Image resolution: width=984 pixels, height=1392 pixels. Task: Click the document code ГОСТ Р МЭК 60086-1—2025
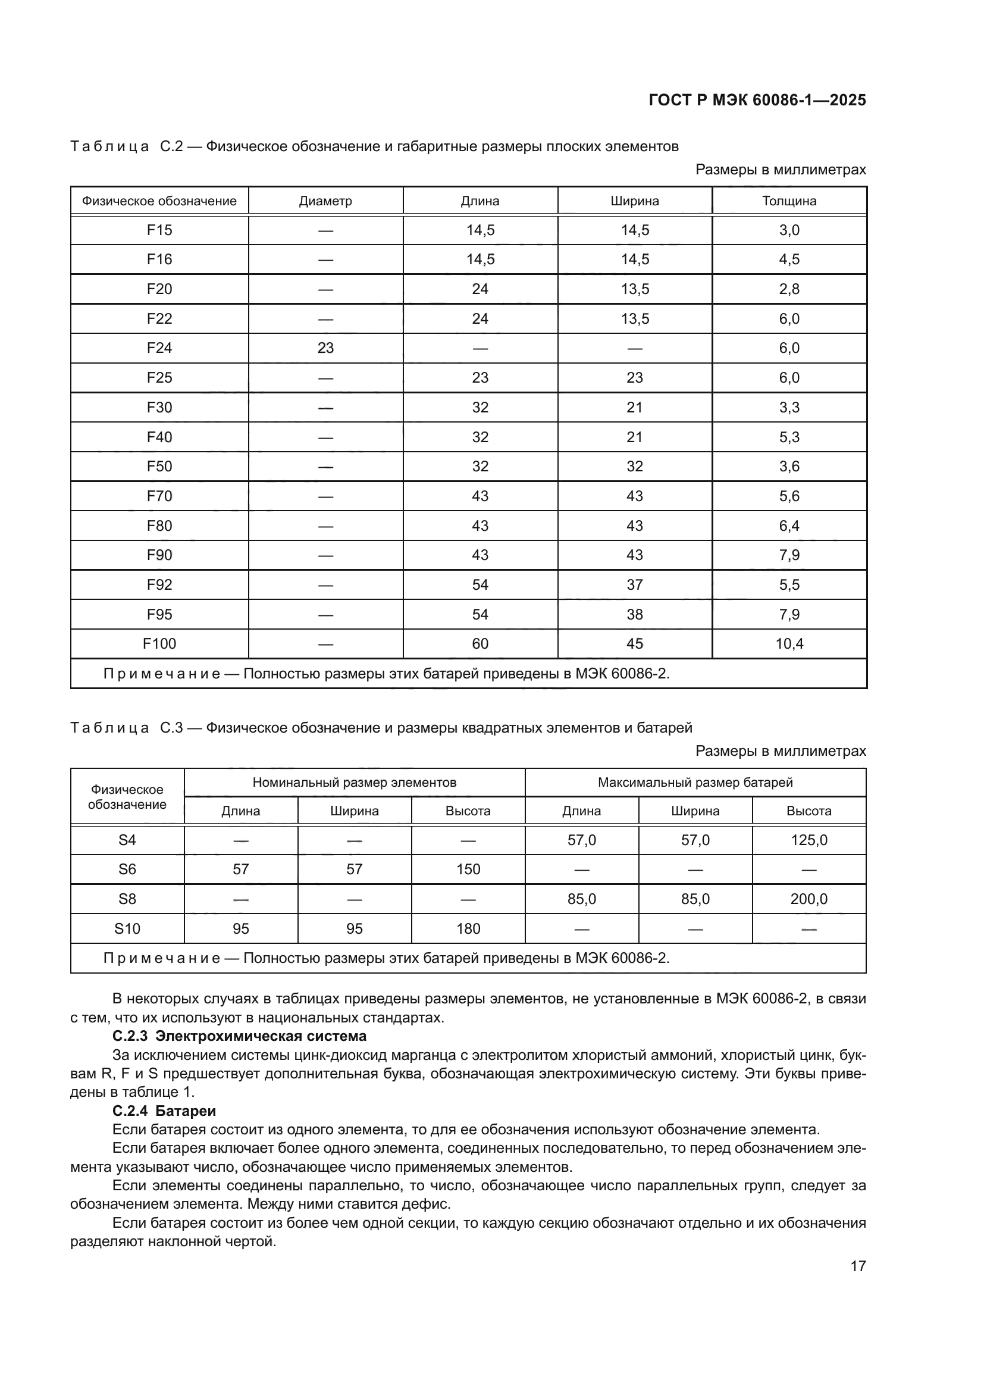(757, 100)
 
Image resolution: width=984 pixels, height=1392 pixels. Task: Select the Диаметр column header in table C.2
(325, 201)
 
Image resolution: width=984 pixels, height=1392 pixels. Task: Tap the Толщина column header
(789, 201)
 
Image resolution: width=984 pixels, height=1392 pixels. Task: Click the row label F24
(159, 348)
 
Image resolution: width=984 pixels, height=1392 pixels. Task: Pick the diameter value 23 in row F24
(325, 348)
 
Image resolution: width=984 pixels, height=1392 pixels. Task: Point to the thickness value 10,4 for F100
(789, 644)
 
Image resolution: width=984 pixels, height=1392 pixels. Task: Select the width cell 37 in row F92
(634, 584)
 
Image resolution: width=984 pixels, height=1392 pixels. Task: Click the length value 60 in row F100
(480, 644)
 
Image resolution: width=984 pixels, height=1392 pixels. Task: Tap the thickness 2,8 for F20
(789, 289)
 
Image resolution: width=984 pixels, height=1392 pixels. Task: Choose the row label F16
(159, 259)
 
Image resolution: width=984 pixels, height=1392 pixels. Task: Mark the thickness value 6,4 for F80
(789, 525)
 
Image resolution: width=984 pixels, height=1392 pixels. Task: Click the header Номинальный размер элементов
(355, 782)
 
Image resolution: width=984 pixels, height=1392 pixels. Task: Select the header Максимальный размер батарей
(695, 782)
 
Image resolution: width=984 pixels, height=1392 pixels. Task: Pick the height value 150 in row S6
(468, 869)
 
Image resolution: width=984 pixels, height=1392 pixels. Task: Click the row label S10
(127, 929)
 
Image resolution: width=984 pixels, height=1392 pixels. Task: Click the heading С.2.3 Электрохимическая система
(239, 1036)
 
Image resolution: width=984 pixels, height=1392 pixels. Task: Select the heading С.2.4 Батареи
(164, 1111)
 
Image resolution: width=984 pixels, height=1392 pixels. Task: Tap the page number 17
(858, 1266)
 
